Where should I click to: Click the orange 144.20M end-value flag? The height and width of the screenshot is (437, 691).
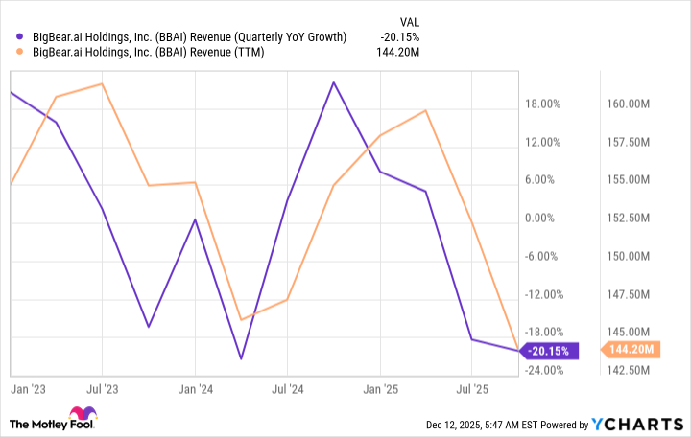[x=630, y=351]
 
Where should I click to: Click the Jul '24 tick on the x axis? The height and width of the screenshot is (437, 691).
[x=287, y=390]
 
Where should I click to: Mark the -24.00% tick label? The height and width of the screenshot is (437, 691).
[x=543, y=370]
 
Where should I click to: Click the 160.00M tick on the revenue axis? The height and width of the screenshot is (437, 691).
[x=630, y=104]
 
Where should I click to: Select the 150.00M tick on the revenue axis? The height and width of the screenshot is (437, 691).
[x=630, y=256]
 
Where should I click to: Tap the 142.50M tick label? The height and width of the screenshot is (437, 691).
[x=630, y=370]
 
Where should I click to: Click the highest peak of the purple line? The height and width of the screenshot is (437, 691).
[x=333, y=82]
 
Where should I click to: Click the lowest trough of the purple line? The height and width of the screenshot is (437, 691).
[x=241, y=359]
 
